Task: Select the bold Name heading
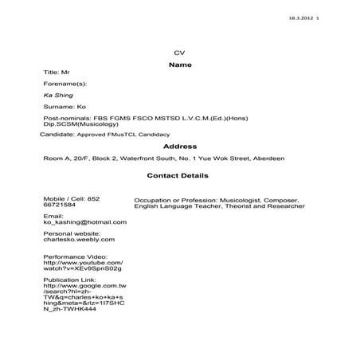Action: click(x=180, y=65)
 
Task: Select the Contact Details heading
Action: click(x=178, y=174)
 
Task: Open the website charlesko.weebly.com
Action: click(x=80, y=239)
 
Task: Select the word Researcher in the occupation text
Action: click(x=285, y=206)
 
